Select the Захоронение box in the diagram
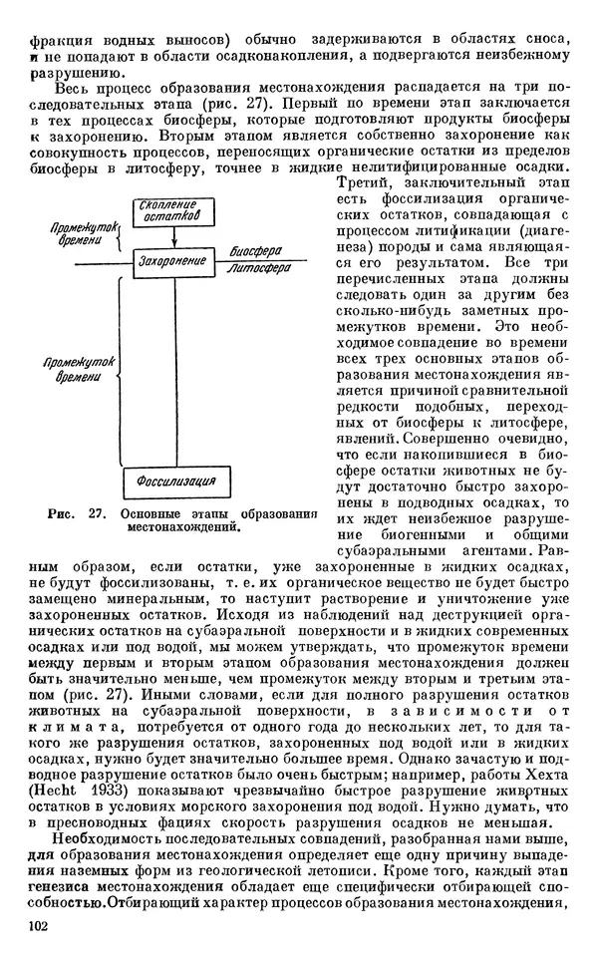(x=174, y=261)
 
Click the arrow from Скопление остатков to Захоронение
(x=174, y=235)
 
